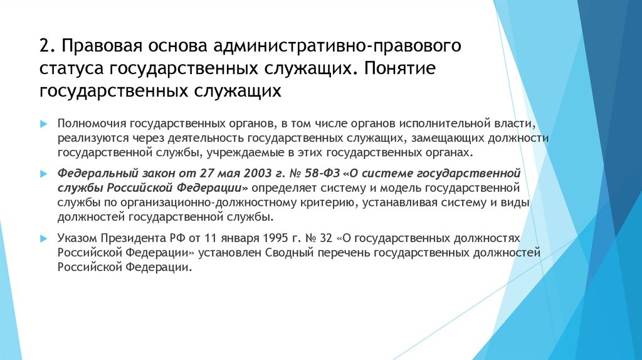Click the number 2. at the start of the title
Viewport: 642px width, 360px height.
pyautogui.click(x=46, y=46)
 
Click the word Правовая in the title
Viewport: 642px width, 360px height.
pyautogui.click(x=100, y=46)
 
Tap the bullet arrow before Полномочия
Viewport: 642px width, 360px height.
pyautogui.click(x=43, y=125)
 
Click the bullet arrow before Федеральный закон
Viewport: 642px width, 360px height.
pyautogui.click(x=43, y=172)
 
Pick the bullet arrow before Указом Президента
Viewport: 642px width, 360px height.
pyautogui.click(x=43, y=239)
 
